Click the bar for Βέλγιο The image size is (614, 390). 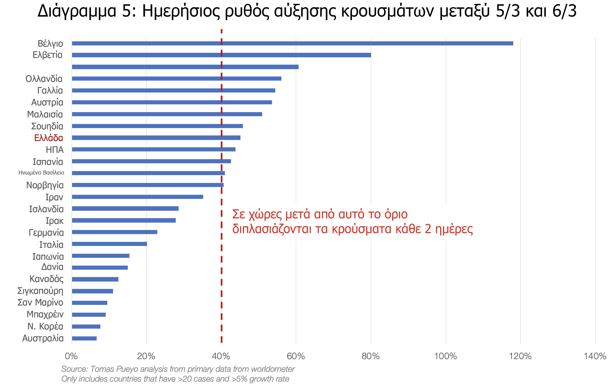pos(292,43)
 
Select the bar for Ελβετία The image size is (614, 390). pos(221,55)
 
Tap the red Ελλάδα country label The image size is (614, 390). pos(49,138)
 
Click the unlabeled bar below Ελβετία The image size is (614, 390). pos(185,67)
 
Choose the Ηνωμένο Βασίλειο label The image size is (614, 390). pos(41,173)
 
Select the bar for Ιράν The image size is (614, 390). pos(137,197)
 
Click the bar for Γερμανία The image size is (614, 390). pos(114,232)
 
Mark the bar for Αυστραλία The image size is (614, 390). pos(84,338)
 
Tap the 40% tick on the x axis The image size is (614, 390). pos(221,356)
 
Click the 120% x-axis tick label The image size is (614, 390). pos(520,356)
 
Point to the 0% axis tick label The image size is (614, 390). pos(71,356)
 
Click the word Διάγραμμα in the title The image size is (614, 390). pos(77,11)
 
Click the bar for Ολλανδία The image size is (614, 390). pos(177,78)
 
